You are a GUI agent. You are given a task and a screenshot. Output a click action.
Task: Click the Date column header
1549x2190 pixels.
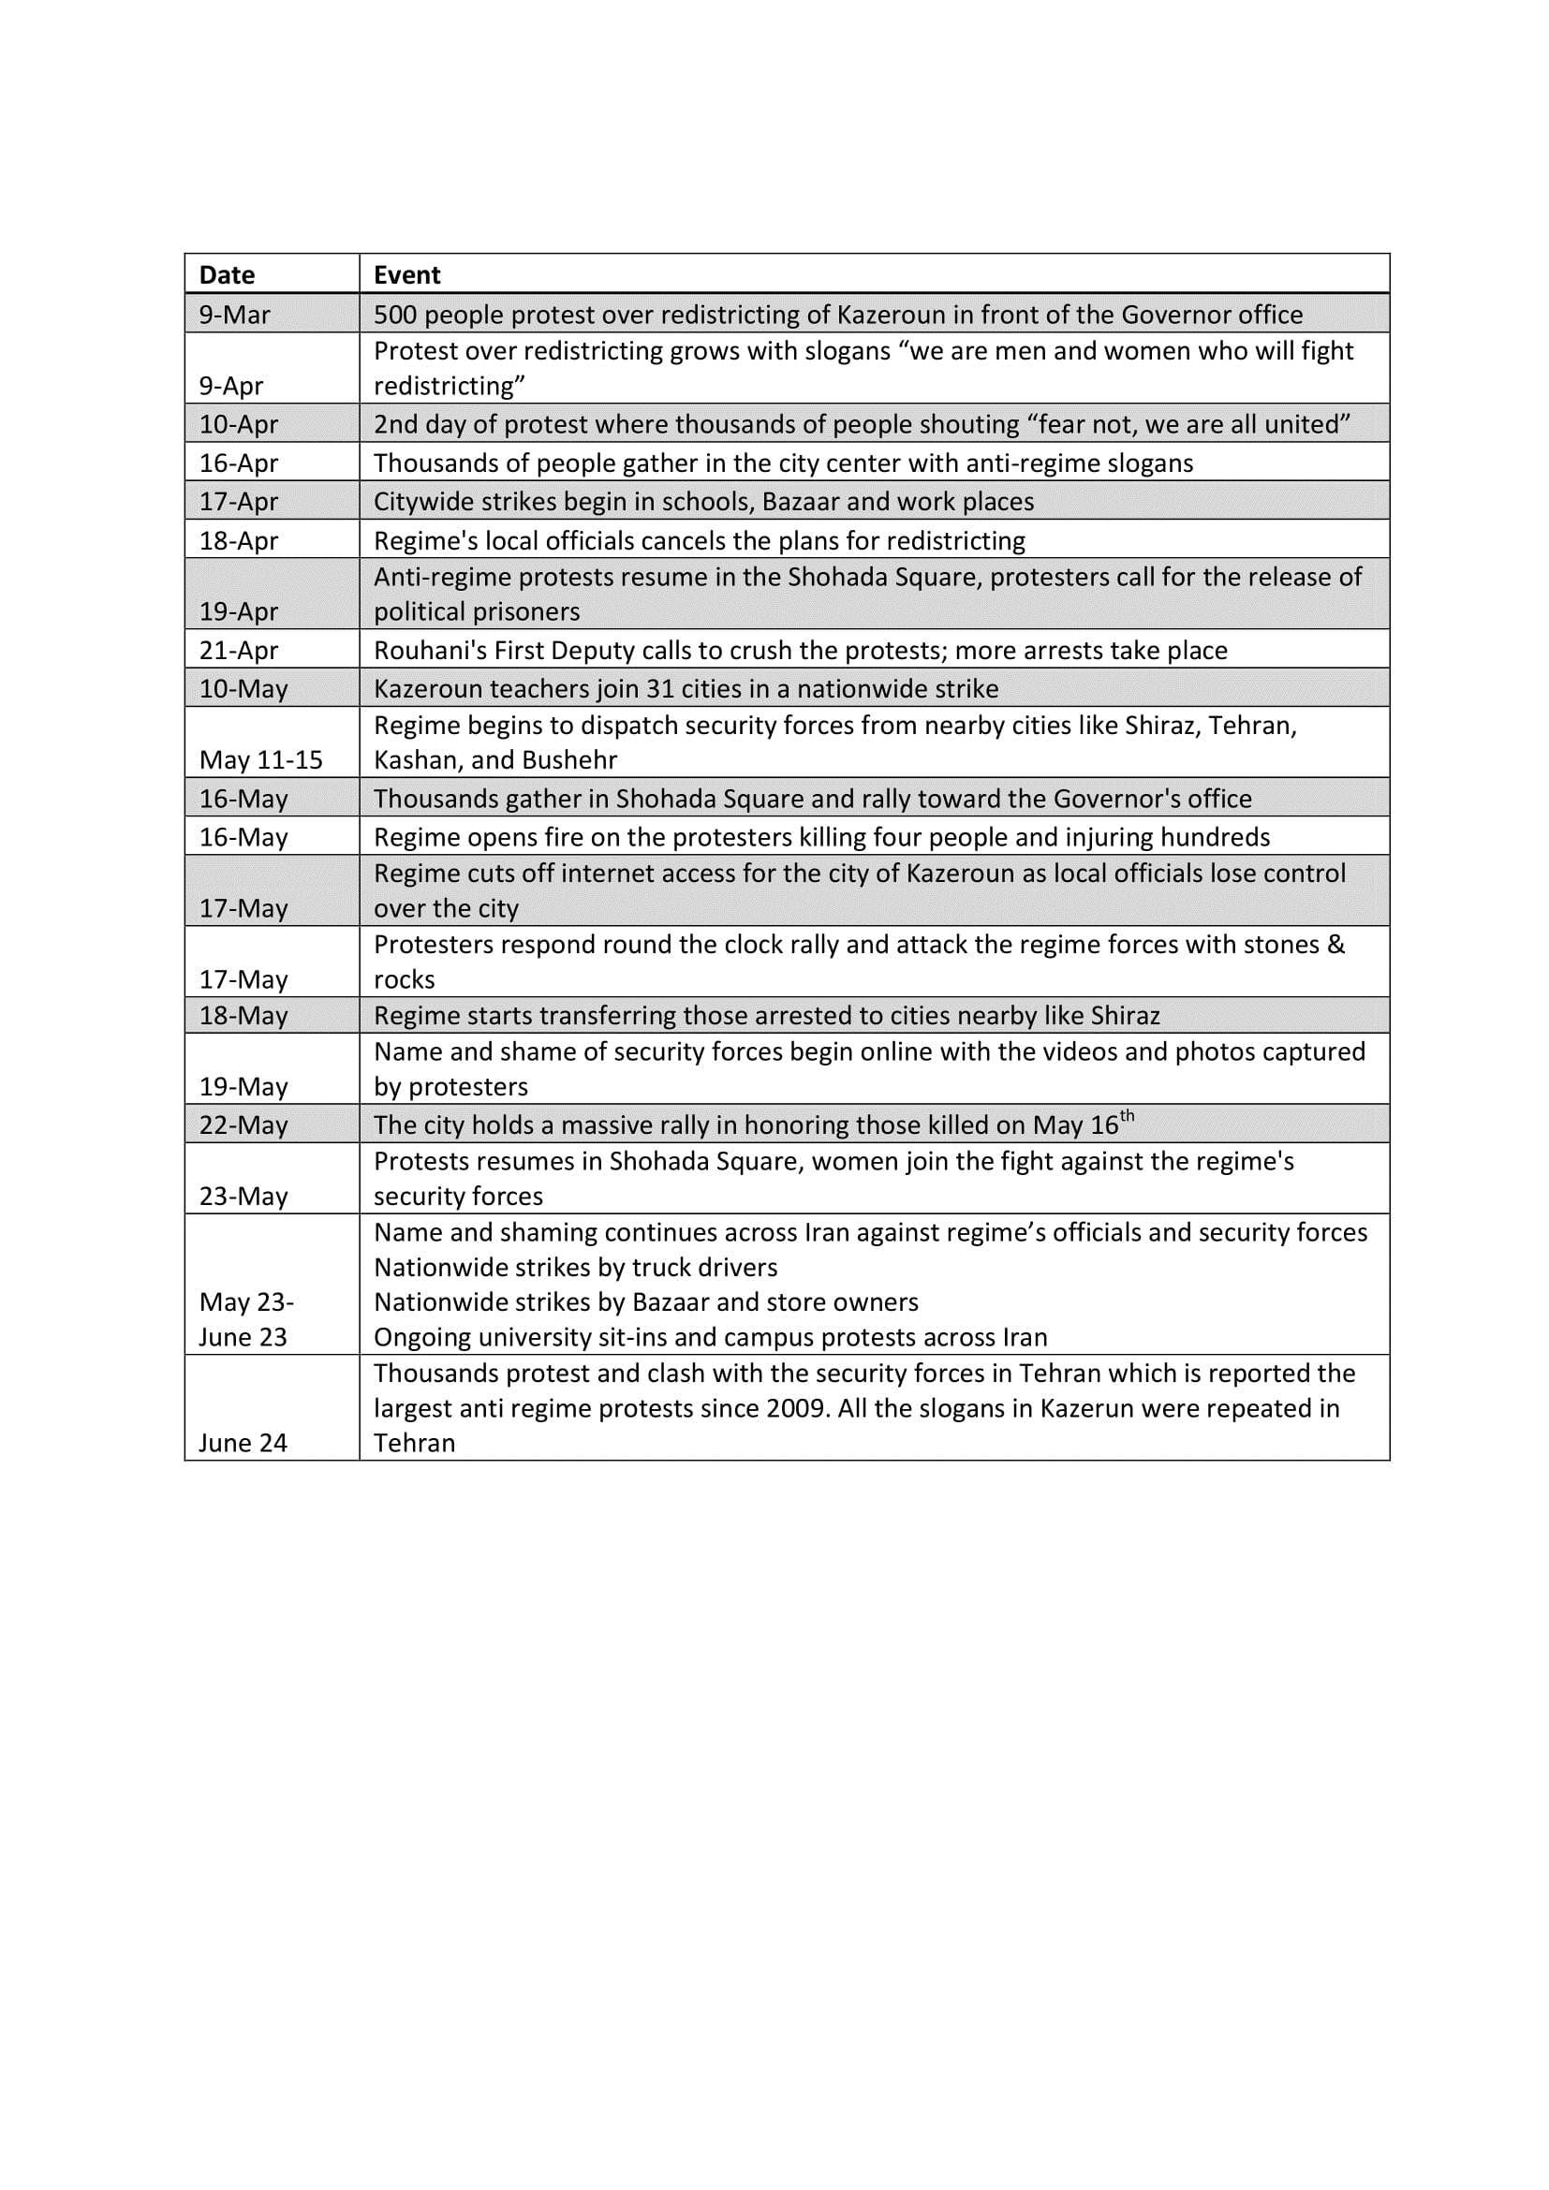pyautogui.click(x=227, y=275)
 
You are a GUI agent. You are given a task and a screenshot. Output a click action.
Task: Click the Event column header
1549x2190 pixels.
pyautogui.click(x=406, y=275)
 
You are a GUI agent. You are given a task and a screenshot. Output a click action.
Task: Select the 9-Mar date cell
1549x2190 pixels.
pyautogui.click(x=235, y=315)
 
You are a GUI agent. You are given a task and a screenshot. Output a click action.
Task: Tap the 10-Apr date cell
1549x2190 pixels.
pyautogui.click(x=239, y=424)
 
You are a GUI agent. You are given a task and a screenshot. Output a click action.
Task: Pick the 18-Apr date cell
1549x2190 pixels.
pyautogui.click(x=239, y=541)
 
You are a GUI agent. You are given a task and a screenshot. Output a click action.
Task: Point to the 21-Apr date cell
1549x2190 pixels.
pyautogui.click(x=239, y=651)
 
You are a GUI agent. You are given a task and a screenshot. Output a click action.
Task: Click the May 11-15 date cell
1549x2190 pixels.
pyautogui.click(x=260, y=760)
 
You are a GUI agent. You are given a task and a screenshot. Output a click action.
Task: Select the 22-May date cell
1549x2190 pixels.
pyautogui.click(x=243, y=1125)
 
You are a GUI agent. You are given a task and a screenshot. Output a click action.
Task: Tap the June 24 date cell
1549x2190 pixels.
pyautogui.click(x=243, y=1443)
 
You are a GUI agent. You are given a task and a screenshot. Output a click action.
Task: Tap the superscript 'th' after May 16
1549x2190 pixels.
pyautogui.click(x=1128, y=1116)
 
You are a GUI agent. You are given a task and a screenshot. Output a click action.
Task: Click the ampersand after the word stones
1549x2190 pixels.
pyautogui.click(x=1336, y=946)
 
